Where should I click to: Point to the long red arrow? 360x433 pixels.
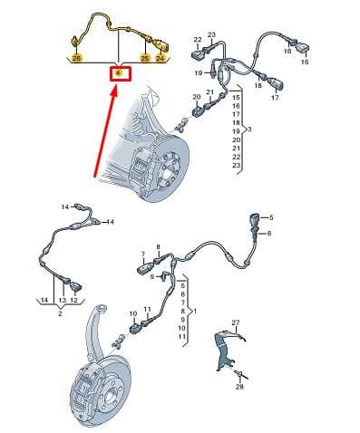[x=105, y=132]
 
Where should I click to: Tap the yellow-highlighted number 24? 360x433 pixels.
[x=160, y=58]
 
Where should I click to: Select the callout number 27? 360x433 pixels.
[x=236, y=322]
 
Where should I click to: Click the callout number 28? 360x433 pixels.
[x=239, y=387]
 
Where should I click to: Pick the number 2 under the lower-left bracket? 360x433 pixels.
[x=60, y=313]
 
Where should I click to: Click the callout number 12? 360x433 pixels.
[x=73, y=300]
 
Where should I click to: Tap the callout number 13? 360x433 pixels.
[x=63, y=300]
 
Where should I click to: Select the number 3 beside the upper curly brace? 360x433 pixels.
[x=249, y=130]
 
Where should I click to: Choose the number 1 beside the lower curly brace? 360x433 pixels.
[x=195, y=311]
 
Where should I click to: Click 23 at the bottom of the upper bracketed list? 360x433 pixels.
[x=236, y=165]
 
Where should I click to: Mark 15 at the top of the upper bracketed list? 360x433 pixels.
[x=236, y=98]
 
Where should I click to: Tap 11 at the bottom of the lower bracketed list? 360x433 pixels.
[x=181, y=336]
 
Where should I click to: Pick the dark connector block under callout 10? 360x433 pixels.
[x=133, y=329]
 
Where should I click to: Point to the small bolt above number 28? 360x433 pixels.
[x=240, y=374]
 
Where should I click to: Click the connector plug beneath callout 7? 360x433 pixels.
[x=145, y=269]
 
